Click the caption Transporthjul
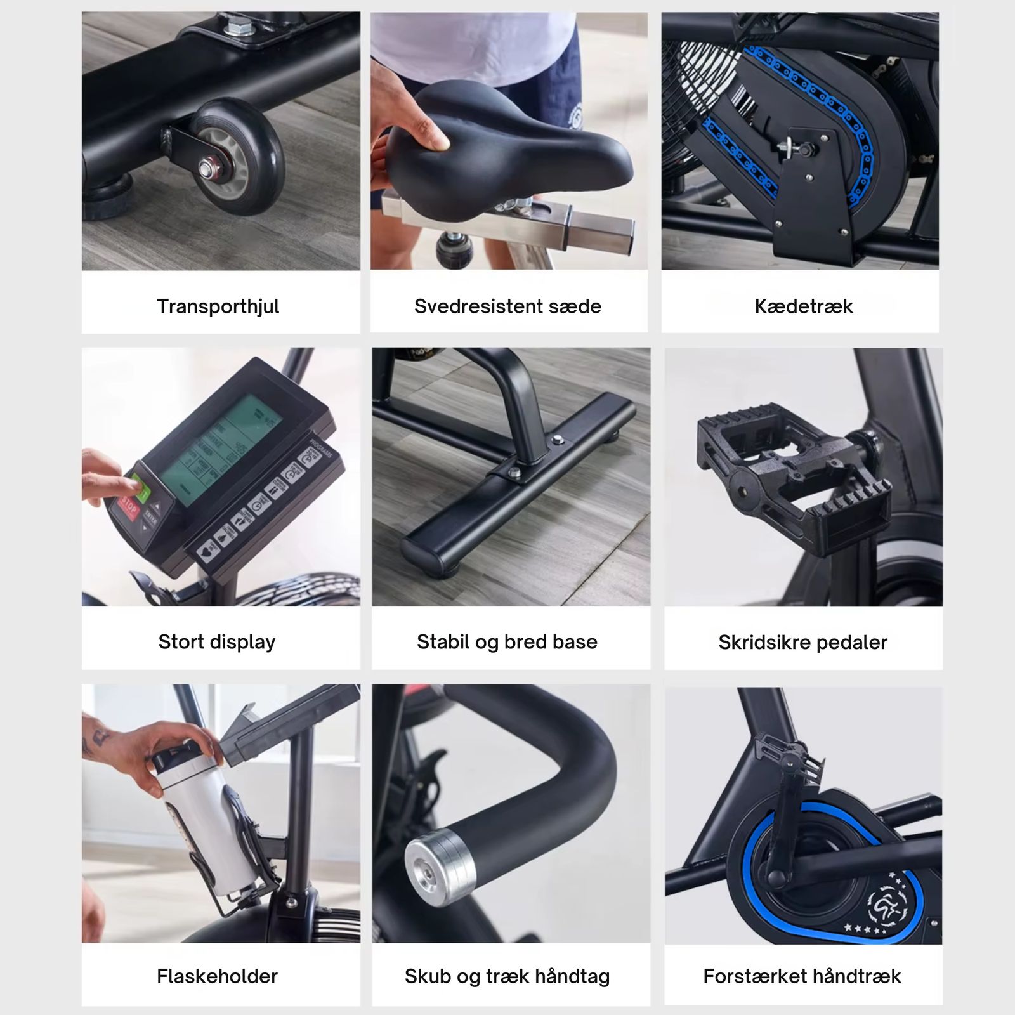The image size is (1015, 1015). pyautogui.click(x=218, y=306)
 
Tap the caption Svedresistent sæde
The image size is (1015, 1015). pyautogui.click(x=507, y=306)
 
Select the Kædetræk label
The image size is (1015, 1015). pyautogui.click(x=803, y=306)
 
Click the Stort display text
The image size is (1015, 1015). pyautogui.click(x=217, y=641)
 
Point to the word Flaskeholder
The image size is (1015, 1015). pyautogui.click(x=217, y=976)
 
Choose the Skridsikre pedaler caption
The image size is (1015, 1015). pyautogui.click(x=802, y=642)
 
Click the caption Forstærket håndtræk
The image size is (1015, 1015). pyautogui.click(x=802, y=976)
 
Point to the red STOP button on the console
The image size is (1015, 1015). pyautogui.click(x=129, y=508)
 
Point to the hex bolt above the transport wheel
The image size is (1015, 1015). pyautogui.click(x=235, y=28)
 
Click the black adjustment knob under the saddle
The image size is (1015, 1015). pyautogui.click(x=454, y=249)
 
